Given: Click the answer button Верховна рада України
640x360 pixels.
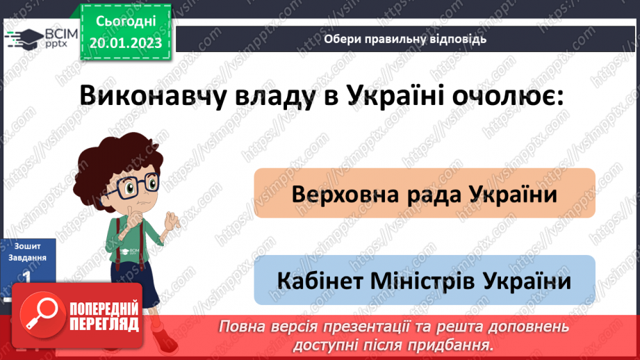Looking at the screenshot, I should [x=425, y=194].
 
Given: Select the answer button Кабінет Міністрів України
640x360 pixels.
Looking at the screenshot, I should [x=425, y=281].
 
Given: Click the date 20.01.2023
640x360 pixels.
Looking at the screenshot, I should [x=126, y=43].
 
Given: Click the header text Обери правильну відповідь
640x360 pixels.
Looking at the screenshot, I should [x=404, y=39].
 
